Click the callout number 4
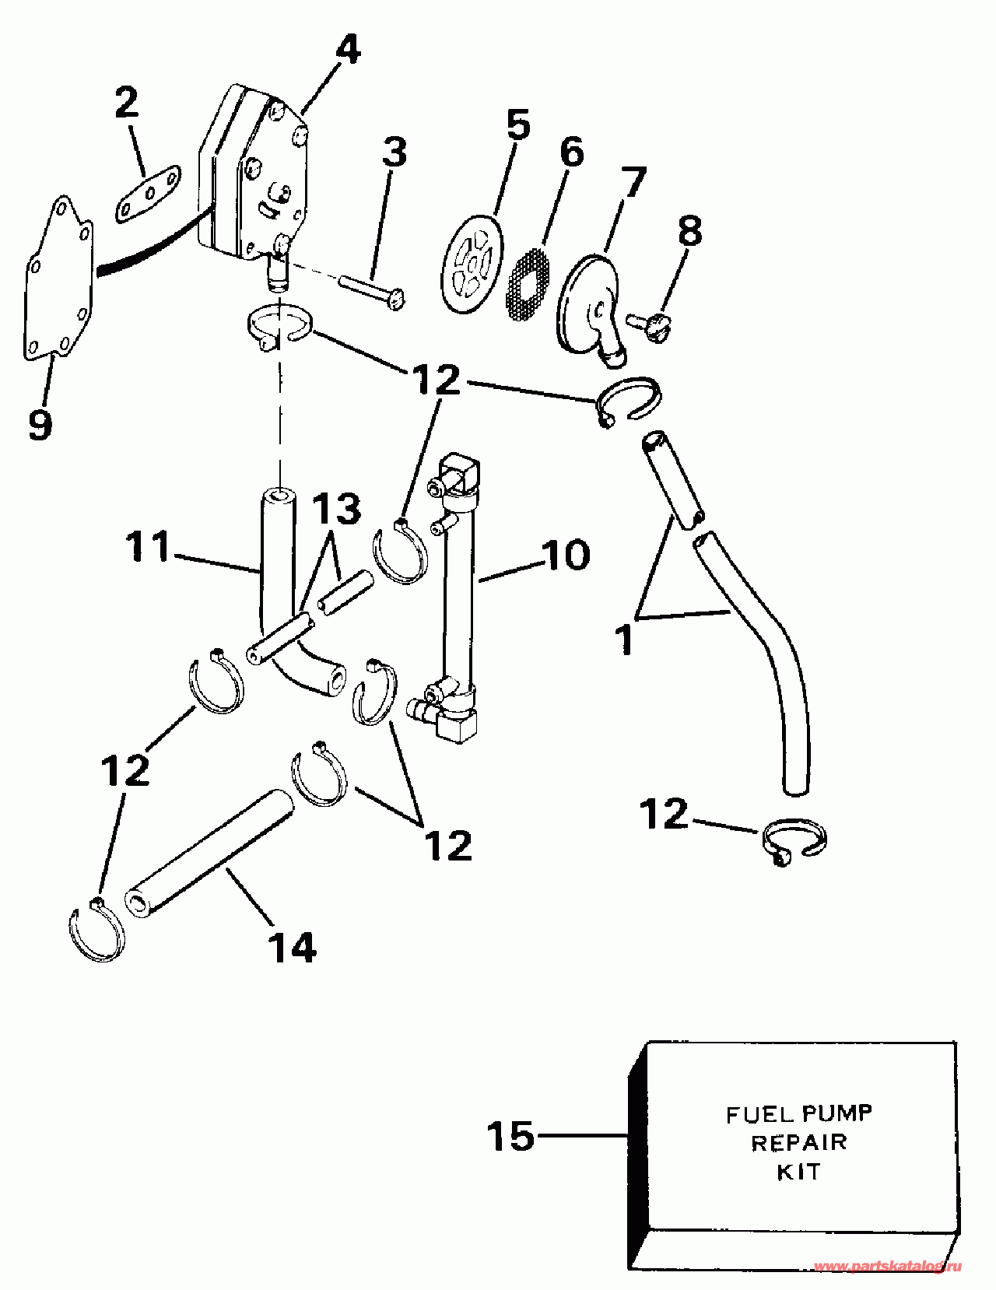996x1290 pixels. pyautogui.click(x=347, y=51)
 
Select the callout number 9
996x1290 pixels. pyautogui.click(x=40, y=425)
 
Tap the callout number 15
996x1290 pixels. pyautogui.click(x=510, y=1137)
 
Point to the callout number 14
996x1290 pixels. pyautogui.click(x=292, y=948)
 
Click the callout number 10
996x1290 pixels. pyautogui.click(x=566, y=555)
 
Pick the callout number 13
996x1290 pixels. pyautogui.click(x=336, y=510)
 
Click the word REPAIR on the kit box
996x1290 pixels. pyautogui.click(x=798, y=1142)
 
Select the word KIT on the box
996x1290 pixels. pyautogui.click(x=798, y=1171)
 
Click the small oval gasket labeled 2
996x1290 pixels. pyautogui.click(x=148, y=198)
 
